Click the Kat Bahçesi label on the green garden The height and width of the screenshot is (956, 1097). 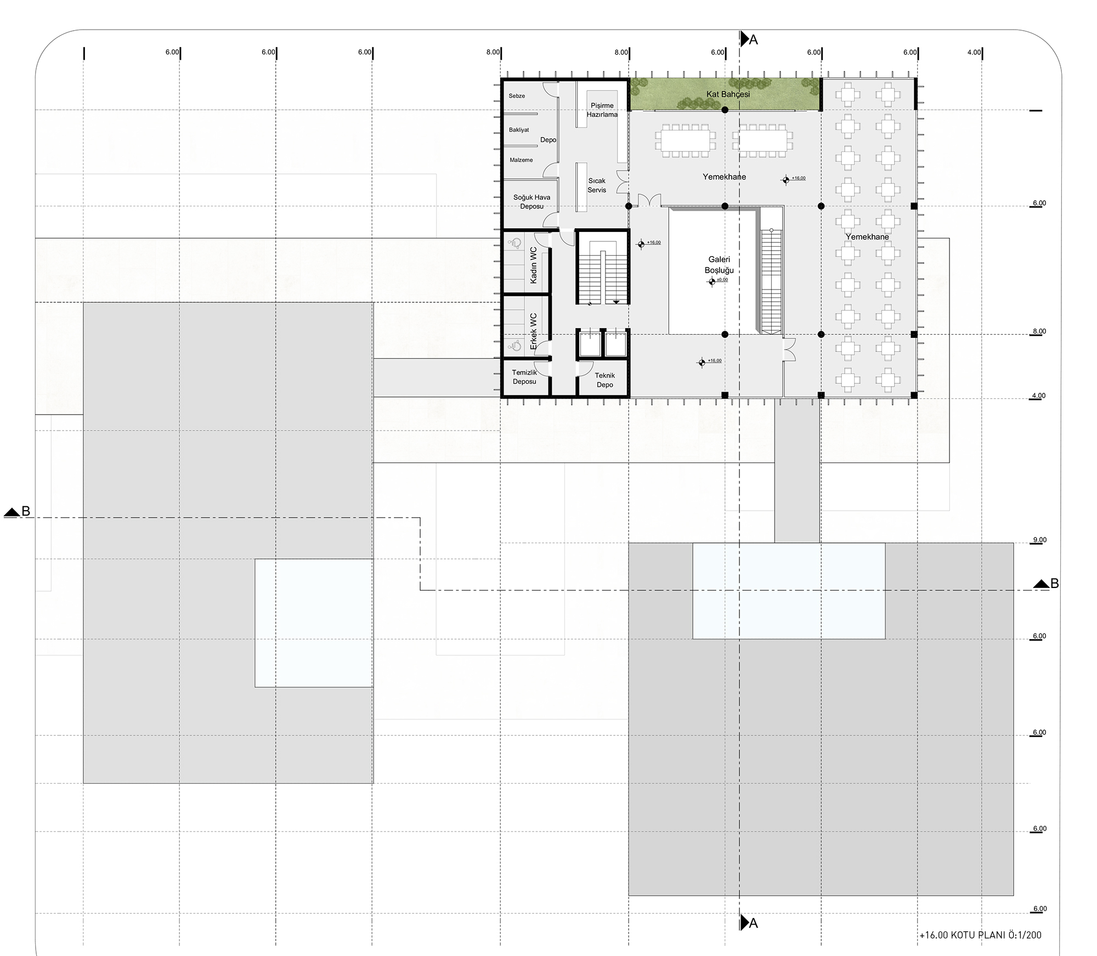pos(728,94)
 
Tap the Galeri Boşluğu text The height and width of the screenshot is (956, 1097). pos(719,265)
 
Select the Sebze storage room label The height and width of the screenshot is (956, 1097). pos(517,96)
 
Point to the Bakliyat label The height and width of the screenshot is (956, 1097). pos(519,130)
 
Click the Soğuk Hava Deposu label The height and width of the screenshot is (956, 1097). pos(531,202)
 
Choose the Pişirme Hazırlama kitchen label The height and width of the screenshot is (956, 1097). pos(602,110)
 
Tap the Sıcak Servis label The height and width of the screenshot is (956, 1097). pos(597,185)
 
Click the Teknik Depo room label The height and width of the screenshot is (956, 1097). pos(605,380)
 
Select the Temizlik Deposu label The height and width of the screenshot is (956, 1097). pos(524,377)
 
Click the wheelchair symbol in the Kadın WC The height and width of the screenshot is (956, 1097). pos(514,243)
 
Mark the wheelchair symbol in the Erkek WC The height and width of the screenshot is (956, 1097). pos(514,346)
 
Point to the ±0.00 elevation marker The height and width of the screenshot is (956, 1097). pos(712,281)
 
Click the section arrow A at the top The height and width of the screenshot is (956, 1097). pos(748,39)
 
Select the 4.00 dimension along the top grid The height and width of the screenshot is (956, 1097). pos(974,53)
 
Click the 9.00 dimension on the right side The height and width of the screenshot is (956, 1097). pos(1039,540)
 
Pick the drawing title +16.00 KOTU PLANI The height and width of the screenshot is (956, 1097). pos(980,935)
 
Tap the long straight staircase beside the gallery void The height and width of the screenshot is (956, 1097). pos(771,281)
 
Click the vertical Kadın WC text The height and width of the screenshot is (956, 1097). pos(534,265)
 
